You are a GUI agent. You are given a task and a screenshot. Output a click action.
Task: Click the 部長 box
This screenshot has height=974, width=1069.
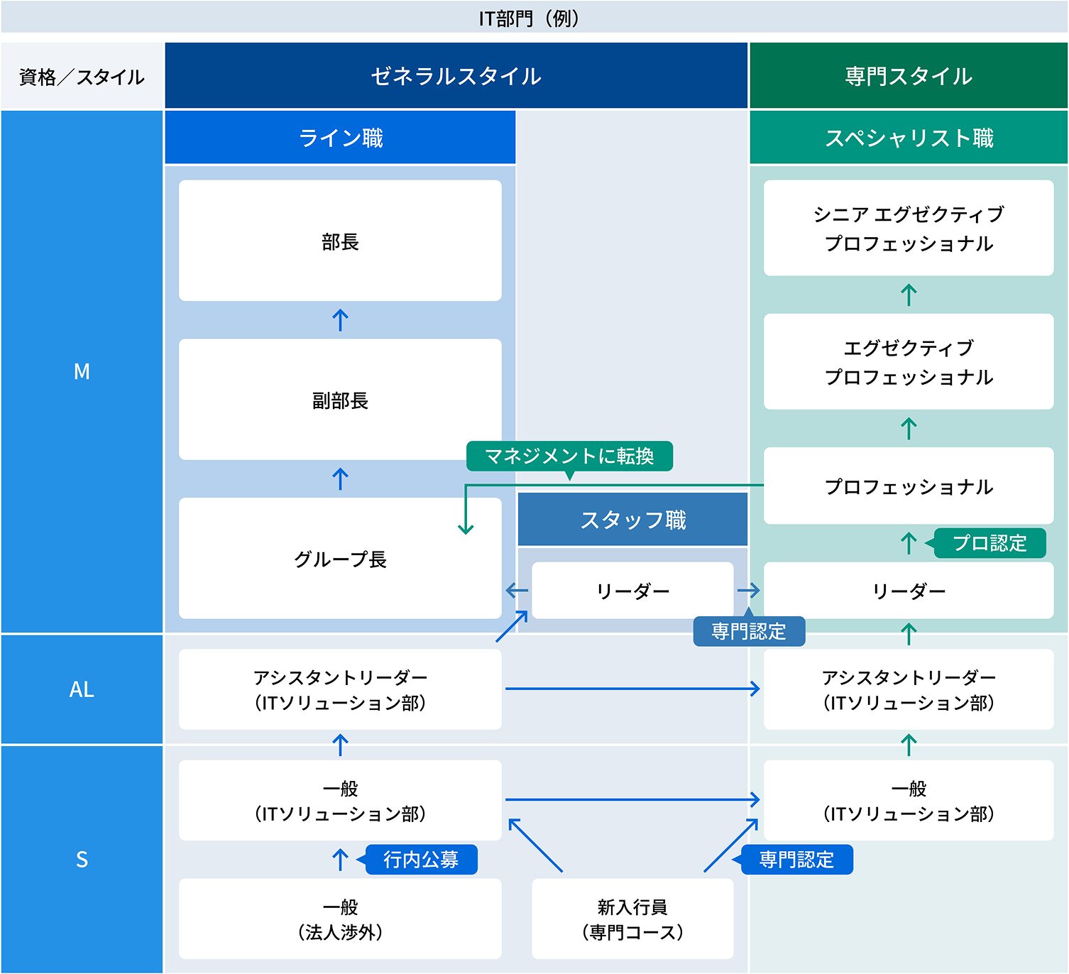[x=340, y=241]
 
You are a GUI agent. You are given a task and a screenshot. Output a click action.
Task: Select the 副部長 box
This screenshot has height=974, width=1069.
[x=340, y=400]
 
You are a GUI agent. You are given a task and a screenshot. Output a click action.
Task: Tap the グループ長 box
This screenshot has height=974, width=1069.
[x=340, y=559]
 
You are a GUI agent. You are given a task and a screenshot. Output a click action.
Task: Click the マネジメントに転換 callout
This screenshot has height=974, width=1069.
[x=569, y=456]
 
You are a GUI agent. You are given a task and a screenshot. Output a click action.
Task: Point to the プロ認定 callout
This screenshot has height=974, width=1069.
[x=989, y=543]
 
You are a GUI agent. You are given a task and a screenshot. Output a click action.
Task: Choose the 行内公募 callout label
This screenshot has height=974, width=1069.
[x=421, y=860]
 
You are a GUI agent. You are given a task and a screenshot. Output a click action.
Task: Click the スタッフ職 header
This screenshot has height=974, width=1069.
[x=632, y=520]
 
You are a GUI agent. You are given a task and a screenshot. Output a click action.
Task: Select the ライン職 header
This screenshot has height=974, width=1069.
[x=340, y=137]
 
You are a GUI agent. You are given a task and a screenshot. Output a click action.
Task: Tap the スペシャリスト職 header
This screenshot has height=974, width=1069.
[x=909, y=137]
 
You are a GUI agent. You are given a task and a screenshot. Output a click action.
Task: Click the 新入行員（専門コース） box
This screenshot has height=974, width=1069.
[x=632, y=919]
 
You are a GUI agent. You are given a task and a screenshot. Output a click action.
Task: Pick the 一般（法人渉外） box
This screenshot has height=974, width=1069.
[x=340, y=919]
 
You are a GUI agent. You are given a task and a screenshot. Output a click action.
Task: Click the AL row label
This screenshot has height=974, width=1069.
[x=82, y=689]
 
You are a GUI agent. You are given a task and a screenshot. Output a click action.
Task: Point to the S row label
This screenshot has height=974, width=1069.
[x=82, y=859]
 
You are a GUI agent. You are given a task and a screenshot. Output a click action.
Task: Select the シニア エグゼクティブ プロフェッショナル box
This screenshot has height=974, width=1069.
[x=909, y=228]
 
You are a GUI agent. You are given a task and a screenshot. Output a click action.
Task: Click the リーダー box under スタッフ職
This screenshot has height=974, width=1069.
[x=632, y=591]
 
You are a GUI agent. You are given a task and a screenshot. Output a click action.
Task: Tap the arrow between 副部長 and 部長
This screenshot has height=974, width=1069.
[x=340, y=320]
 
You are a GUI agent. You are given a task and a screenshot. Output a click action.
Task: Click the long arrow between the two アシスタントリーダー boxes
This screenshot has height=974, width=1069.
[x=632, y=689]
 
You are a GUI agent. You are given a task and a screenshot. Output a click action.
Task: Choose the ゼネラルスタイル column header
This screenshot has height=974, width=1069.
[x=456, y=76]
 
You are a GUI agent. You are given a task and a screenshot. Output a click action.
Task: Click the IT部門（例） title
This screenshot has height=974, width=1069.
[x=529, y=18]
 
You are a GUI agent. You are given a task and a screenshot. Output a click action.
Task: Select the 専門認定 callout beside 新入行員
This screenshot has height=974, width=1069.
[x=796, y=860]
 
